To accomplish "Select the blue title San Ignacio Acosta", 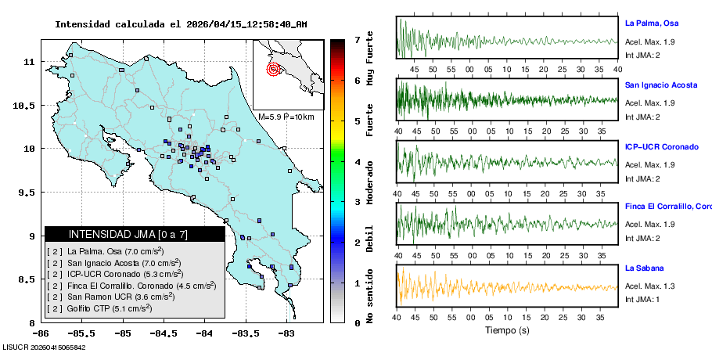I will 660,85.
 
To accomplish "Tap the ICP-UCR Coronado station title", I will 661,146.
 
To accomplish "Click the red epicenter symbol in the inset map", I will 273,69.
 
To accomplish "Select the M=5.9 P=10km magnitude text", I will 286,117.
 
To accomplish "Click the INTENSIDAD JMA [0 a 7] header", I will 128,234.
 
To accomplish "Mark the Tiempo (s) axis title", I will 507,330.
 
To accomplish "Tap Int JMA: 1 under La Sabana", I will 642,300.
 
